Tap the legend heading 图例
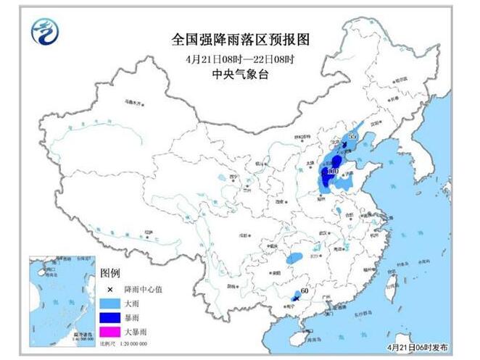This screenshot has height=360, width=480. pos(110,272)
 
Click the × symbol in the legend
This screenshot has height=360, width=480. pos(110,289)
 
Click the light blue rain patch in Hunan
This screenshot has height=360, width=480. pos(294,257)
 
